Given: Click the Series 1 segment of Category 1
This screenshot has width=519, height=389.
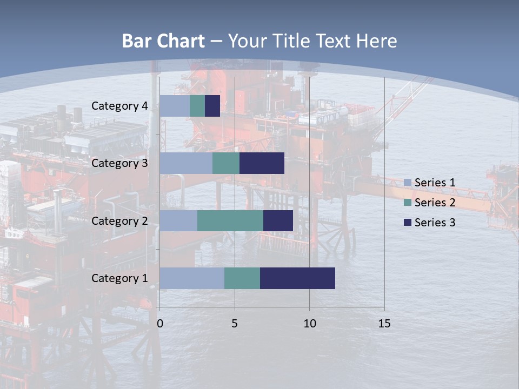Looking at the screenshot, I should pyautogui.click(x=192, y=278).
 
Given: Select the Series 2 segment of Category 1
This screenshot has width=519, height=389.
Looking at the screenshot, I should pyautogui.click(x=242, y=278).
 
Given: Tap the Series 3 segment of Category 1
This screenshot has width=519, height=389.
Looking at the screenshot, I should pyautogui.click(x=297, y=278).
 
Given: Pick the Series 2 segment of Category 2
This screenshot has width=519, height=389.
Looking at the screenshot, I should pyautogui.click(x=230, y=220).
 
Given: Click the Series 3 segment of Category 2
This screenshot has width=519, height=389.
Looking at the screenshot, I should pyautogui.click(x=278, y=220).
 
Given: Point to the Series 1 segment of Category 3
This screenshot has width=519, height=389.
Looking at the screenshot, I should pyautogui.click(x=186, y=163).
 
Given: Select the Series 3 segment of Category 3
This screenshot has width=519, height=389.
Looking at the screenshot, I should pyautogui.click(x=262, y=163).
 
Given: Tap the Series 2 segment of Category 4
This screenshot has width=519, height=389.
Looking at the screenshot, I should pyautogui.click(x=197, y=106).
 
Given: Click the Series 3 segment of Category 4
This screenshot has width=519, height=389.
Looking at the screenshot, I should pyautogui.click(x=212, y=106).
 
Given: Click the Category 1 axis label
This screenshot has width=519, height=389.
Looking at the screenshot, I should pyautogui.click(x=119, y=278).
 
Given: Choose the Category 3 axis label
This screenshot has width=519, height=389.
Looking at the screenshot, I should pyautogui.click(x=119, y=163).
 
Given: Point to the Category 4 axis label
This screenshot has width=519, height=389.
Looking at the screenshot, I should pyautogui.click(x=119, y=106).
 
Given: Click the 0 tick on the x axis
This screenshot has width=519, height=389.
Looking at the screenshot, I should pyautogui.click(x=160, y=324).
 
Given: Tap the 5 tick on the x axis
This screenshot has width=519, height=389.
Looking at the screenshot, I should pyautogui.click(x=235, y=324).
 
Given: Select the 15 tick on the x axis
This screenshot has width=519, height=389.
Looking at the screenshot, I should pyautogui.click(x=384, y=324).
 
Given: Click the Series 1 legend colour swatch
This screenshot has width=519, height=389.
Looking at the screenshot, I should pyautogui.click(x=408, y=183).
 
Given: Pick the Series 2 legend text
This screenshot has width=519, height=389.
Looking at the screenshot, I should pyautogui.click(x=435, y=203).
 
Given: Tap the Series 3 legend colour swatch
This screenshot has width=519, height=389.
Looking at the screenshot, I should pyautogui.click(x=408, y=222).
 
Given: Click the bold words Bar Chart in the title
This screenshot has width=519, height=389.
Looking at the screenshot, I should pyautogui.click(x=163, y=41).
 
